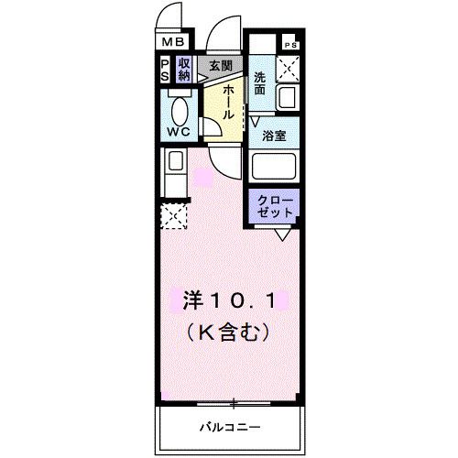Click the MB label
tap(174, 41)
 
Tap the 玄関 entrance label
tap(219, 66)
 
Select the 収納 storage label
tap(183, 71)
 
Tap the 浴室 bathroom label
tap(274, 136)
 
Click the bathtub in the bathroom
tap(274, 168)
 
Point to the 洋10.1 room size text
tap(229, 300)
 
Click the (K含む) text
tap(229, 327)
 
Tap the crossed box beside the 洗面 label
tap(289, 67)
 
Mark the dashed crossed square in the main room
tap(173, 218)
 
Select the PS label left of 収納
tap(165, 71)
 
